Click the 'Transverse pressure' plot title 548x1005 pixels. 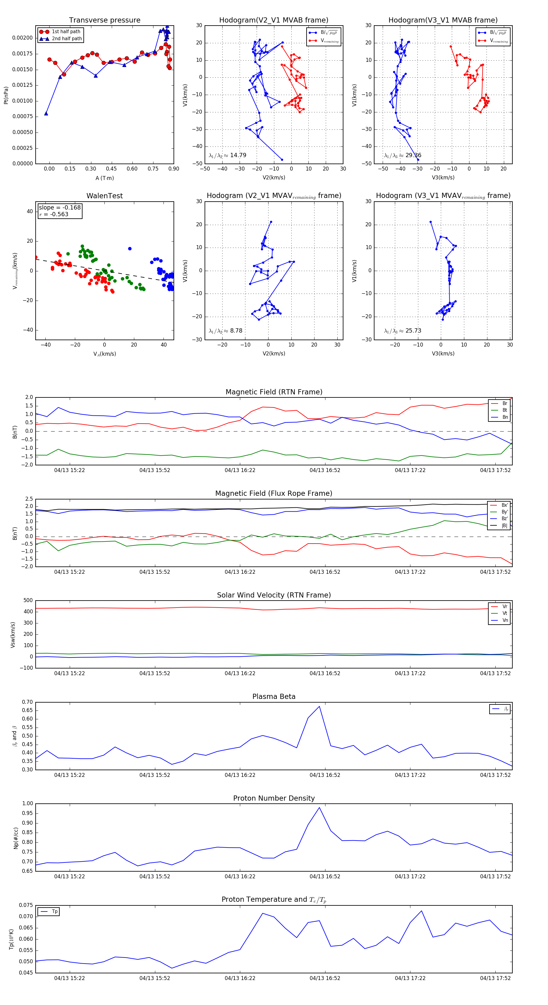click(x=104, y=20)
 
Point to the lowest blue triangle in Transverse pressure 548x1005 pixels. click(x=46, y=114)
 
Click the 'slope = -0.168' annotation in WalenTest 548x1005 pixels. click(x=60, y=208)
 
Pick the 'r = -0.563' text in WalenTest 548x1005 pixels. click(x=54, y=214)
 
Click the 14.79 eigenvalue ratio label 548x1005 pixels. click(x=238, y=155)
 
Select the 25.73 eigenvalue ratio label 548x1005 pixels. click(x=413, y=331)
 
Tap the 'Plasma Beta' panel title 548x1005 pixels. click(x=274, y=696)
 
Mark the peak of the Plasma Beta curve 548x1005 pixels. click(x=319, y=706)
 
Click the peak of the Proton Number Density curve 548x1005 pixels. click(x=319, y=808)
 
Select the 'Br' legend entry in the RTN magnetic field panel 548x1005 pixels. click(x=505, y=404)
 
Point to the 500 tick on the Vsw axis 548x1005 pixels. click(x=28, y=601)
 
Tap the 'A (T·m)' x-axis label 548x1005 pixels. click(x=104, y=178)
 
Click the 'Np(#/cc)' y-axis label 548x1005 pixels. click(x=16, y=838)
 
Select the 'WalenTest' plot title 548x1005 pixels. click(x=104, y=196)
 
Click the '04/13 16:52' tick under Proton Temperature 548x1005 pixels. click(x=325, y=978)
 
